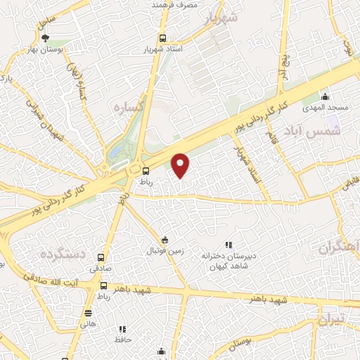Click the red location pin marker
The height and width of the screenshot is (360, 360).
pos(181,166)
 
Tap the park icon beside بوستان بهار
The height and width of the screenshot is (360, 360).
pos(46,39)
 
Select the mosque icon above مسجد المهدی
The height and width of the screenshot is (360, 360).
pos(325,96)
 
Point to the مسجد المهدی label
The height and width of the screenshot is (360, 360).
pos(324,108)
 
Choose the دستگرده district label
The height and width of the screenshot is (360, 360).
pos(63,253)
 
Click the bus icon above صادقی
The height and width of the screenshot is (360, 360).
pos(101,257)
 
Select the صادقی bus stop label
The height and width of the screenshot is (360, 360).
pos(101,268)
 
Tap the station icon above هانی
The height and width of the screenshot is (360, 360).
pos(89,313)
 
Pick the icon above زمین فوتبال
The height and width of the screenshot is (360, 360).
pos(165,239)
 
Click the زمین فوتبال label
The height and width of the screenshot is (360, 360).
pos(164,250)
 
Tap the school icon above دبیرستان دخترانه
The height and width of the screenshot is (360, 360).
pos(228,244)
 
